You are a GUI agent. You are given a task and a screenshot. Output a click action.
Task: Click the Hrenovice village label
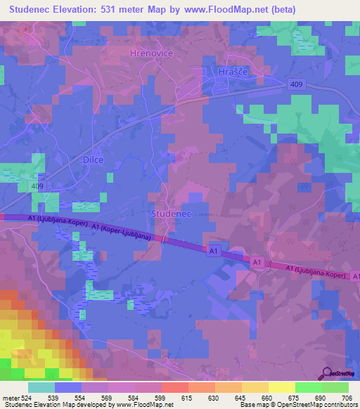pos(152,53)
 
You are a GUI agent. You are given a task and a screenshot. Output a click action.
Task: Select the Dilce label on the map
pos(90,160)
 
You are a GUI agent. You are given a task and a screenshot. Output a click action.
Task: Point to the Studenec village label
pos(172,212)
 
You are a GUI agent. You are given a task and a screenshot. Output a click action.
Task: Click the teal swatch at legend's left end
pos(41,387)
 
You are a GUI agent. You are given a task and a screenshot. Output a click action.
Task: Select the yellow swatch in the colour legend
pos(281,387)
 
